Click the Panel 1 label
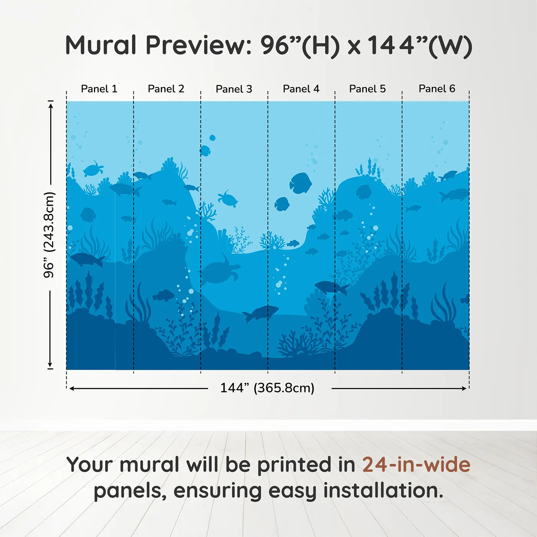click(x=99, y=89)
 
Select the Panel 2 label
click(x=166, y=89)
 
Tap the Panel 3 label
click(x=234, y=89)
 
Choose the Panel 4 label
click(x=301, y=89)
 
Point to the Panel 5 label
click(x=367, y=89)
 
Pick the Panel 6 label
click(x=437, y=89)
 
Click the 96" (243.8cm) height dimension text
click(x=49, y=235)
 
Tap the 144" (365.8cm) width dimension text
click(x=267, y=388)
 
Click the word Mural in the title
click(x=100, y=45)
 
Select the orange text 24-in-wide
click(x=416, y=465)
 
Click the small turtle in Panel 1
click(x=93, y=169)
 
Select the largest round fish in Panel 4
click(x=300, y=183)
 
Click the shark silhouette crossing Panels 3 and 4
click(x=260, y=313)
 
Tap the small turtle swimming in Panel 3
click(x=228, y=199)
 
